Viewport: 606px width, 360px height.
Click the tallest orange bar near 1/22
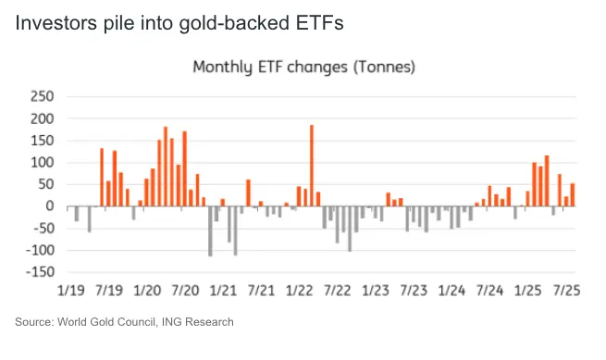coord(312,166)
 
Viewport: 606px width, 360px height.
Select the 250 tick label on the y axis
coord(43,96)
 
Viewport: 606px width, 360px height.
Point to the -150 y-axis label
coord(40,272)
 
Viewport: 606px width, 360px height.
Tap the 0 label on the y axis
coord(49,206)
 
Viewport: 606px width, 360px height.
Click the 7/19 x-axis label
coord(109,291)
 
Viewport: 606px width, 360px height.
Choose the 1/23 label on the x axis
coord(376,291)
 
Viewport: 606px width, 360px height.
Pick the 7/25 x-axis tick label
coord(566,291)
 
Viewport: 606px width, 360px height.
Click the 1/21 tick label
coord(223,291)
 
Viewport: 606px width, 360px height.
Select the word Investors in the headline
coord(56,23)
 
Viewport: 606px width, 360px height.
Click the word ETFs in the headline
coord(319,23)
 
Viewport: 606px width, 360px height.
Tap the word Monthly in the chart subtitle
coord(223,68)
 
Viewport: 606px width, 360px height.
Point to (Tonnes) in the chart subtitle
coord(384,67)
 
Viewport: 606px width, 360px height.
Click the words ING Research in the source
coord(197,322)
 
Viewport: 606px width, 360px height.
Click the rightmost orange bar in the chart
coord(573,195)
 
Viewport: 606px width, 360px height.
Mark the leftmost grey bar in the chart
coord(77,214)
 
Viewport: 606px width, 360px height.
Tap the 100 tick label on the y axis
coord(43,162)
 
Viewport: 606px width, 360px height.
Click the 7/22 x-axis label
coord(338,291)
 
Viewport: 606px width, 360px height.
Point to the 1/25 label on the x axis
coord(528,291)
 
